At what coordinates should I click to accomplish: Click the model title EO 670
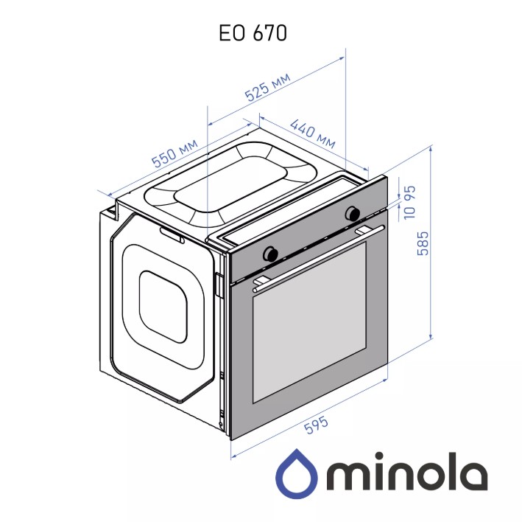[x=253, y=32]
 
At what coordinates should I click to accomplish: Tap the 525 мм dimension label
[x=268, y=86]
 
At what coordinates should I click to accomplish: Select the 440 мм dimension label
[x=312, y=133]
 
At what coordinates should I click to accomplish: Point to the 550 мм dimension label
[x=174, y=153]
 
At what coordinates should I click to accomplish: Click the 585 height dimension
[x=423, y=243]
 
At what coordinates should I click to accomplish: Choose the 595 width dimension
[x=317, y=425]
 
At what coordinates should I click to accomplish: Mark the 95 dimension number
[x=410, y=193]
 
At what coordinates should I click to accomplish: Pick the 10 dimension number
[x=410, y=212]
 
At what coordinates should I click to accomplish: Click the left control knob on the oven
[x=270, y=254]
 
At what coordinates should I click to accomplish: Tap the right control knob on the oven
[x=353, y=213]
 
